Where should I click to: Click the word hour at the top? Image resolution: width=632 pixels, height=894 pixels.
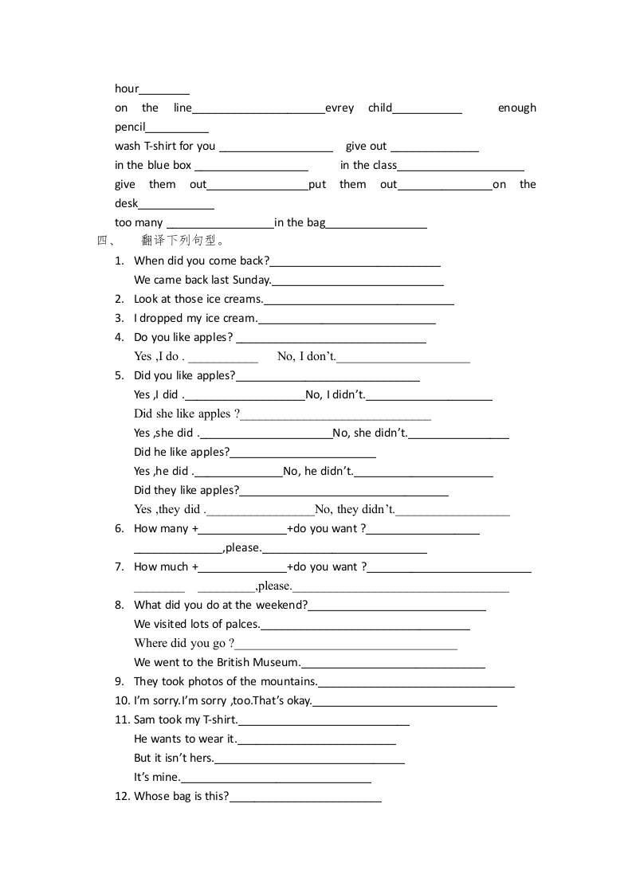127,88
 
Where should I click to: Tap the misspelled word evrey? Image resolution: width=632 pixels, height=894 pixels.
340,108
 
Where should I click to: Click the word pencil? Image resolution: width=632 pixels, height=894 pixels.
130,127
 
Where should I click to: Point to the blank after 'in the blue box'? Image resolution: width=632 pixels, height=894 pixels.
251,167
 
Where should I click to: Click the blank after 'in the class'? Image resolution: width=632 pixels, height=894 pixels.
460,167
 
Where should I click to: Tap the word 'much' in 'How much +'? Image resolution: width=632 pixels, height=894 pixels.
174,567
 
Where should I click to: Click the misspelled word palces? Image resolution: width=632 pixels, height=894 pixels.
242,624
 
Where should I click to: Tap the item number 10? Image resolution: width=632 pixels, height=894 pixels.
122,700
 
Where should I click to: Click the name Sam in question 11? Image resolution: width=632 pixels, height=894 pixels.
143,720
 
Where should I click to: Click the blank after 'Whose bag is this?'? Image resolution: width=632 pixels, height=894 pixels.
305,798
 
